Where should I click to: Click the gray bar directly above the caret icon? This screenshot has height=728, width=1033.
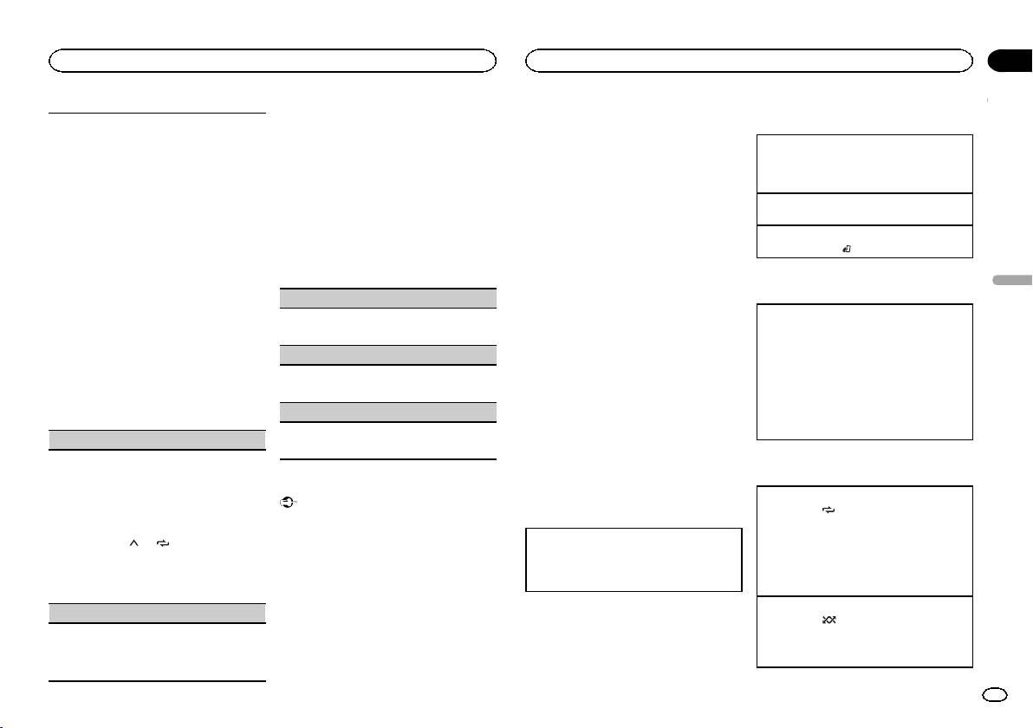(x=156, y=439)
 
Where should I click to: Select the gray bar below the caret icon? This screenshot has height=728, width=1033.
(x=156, y=613)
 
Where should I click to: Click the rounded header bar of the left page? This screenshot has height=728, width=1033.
(x=272, y=60)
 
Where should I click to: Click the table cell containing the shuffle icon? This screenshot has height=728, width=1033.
(x=864, y=631)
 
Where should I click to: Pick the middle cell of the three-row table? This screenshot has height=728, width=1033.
(x=864, y=209)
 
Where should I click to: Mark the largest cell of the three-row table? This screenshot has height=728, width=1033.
(x=864, y=164)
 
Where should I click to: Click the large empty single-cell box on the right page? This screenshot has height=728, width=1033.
(x=864, y=372)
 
